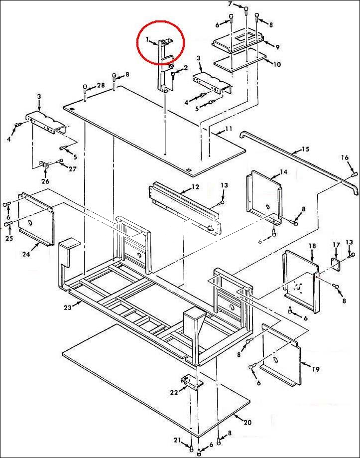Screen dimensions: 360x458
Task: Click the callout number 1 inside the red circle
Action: point(147,39)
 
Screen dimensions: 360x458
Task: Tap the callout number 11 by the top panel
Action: point(229,129)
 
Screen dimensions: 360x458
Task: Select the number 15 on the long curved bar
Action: point(305,149)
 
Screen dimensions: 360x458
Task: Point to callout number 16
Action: point(345,157)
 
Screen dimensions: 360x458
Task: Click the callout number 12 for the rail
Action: point(195,187)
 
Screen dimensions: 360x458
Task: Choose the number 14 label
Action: point(283,172)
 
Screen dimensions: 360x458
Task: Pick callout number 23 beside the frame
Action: point(68,307)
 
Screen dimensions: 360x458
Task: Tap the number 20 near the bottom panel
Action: point(247,423)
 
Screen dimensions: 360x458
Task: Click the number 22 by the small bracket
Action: point(174,393)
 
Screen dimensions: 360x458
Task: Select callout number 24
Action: point(26,254)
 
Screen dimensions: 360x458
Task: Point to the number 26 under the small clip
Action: point(45,181)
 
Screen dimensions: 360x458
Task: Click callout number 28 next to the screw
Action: point(101,85)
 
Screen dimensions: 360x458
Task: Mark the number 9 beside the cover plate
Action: point(277,47)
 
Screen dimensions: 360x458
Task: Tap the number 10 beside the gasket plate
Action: point(277,64)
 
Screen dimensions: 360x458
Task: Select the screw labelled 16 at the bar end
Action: point(355,174)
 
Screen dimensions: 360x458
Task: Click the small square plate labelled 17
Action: point(337,265)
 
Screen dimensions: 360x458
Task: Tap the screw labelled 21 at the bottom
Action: point(191,447)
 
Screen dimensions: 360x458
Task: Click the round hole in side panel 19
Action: point(274,359)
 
